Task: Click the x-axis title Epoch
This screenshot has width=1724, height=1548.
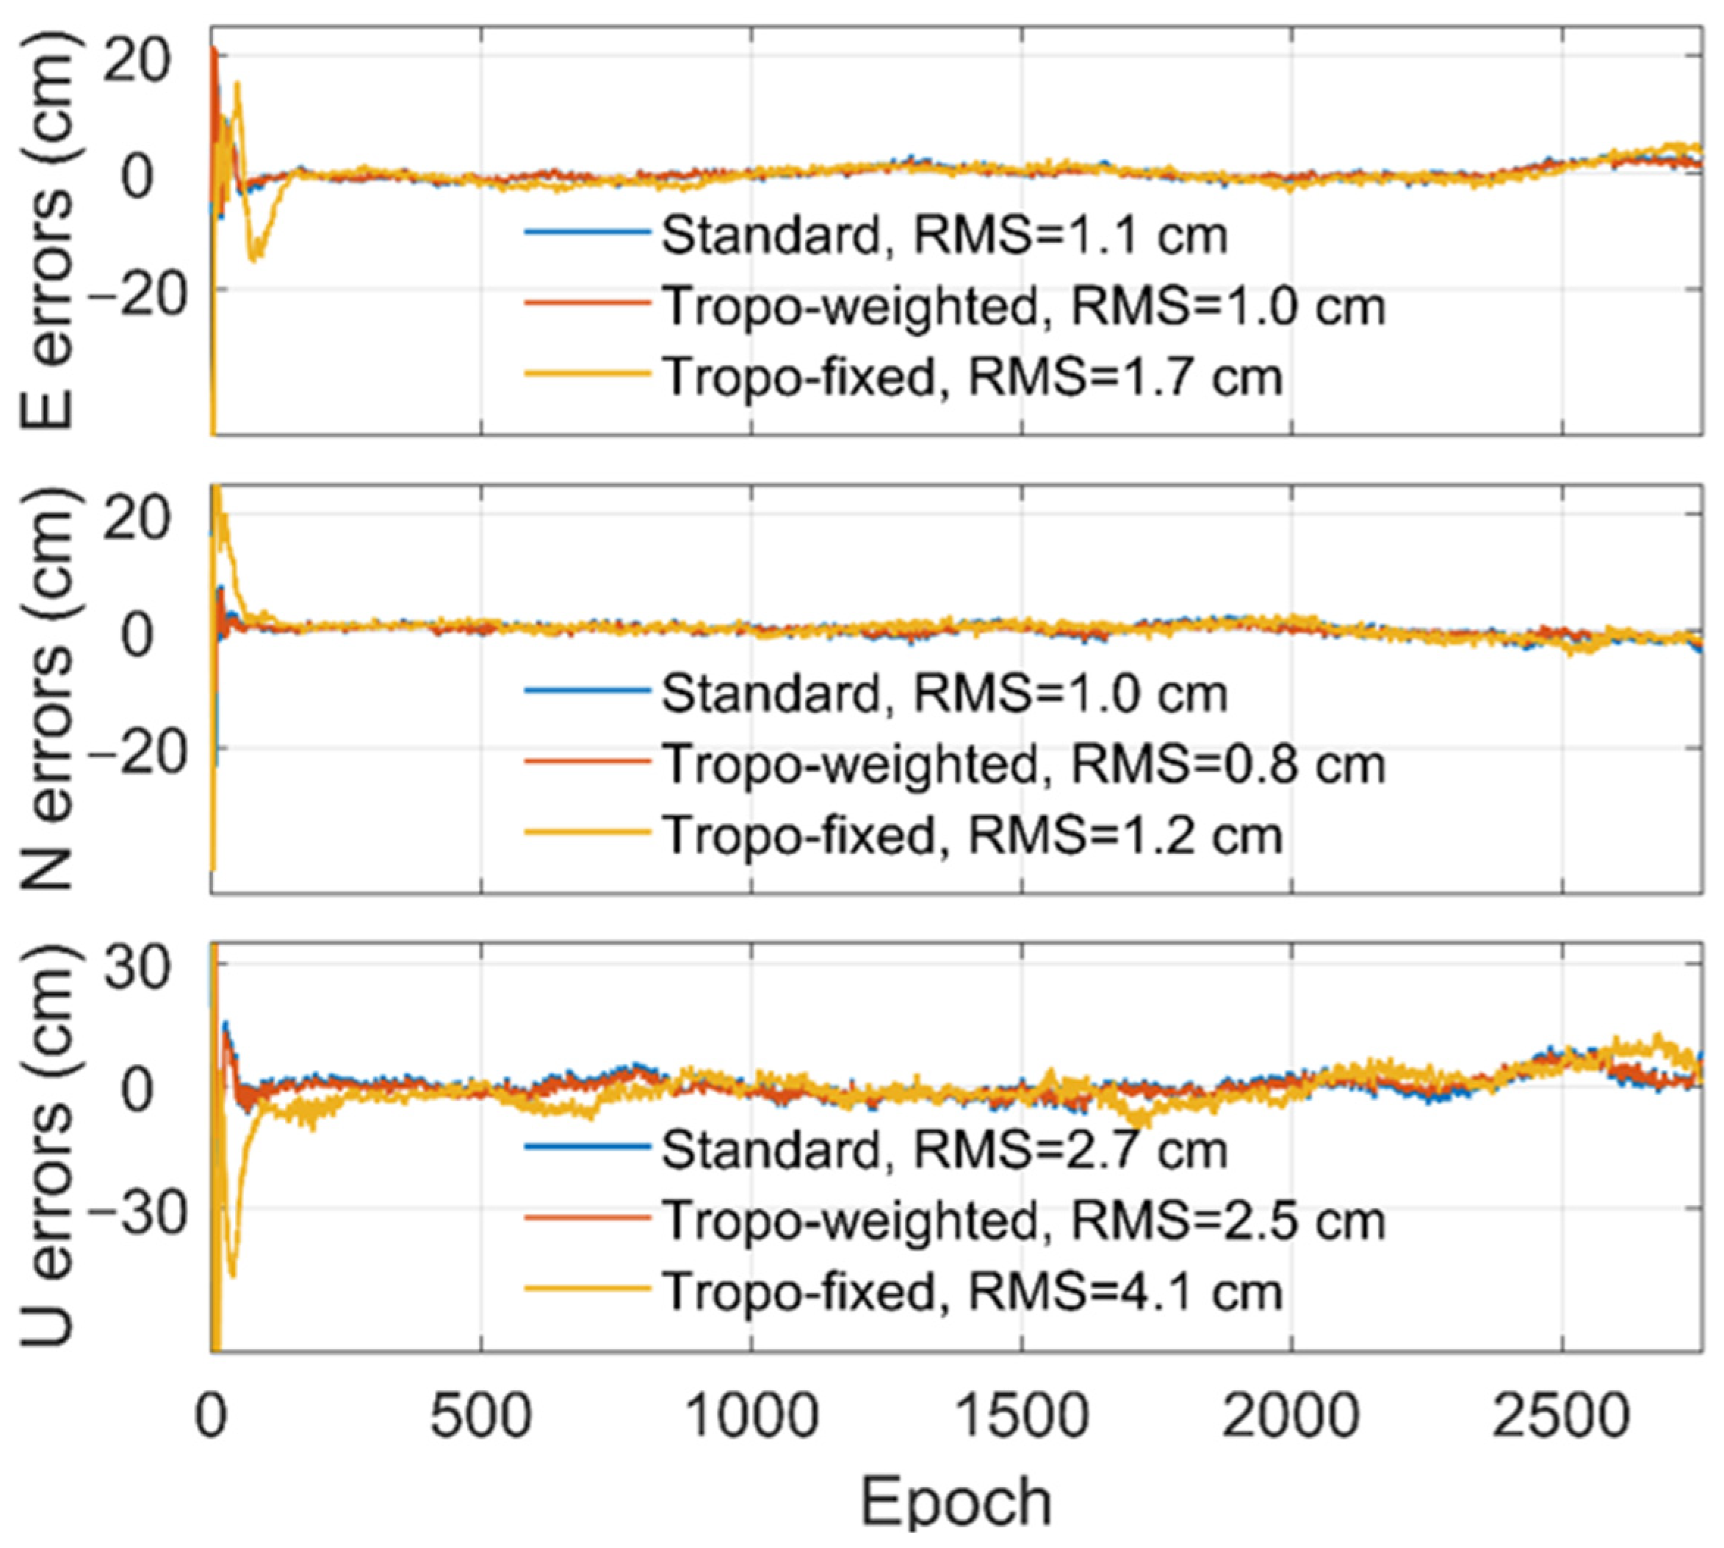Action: tap(956, 1504)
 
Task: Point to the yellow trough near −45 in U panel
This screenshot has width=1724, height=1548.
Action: tap(231, 1273)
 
